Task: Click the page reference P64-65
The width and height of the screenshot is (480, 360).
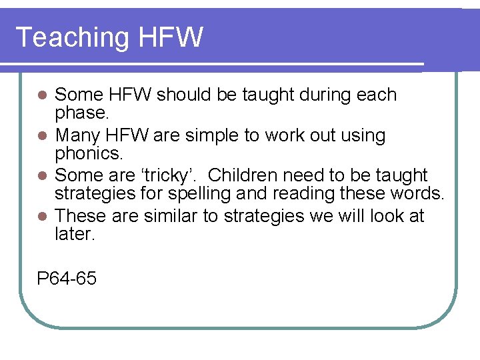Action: (x=67, y=278)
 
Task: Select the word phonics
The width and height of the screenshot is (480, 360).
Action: (x=89, y=154)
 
